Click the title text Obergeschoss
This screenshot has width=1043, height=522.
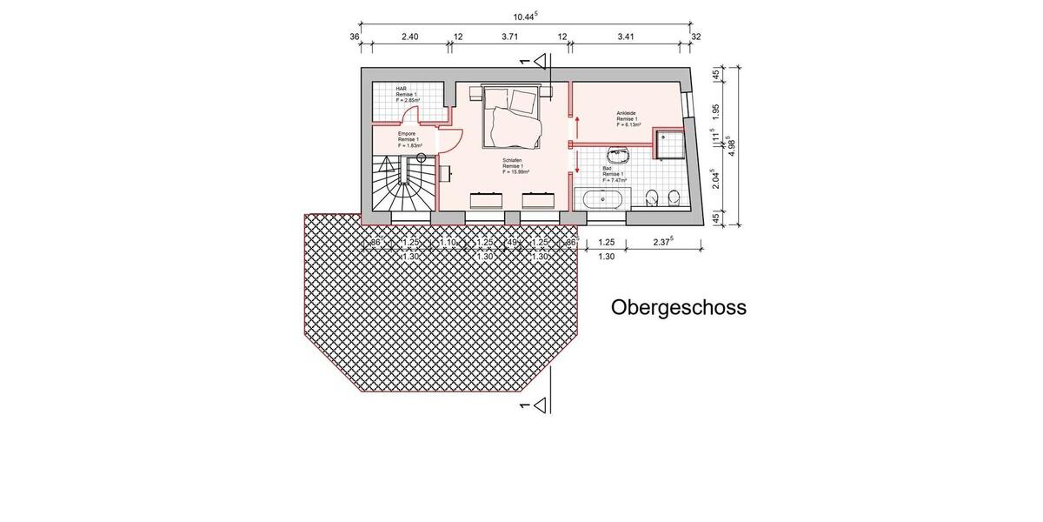click(x=678, y=307)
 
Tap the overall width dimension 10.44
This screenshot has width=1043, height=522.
click(x=525, y=16)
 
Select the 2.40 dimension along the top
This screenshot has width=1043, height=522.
click(x=409, y=37)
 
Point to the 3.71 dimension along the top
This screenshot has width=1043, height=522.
click(x=510, y=37)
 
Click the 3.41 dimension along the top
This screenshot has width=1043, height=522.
click(x=625, y=37)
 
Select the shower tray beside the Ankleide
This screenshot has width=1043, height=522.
click(x=668, y=144)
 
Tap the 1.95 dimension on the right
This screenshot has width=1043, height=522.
click(x=714, y=111)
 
